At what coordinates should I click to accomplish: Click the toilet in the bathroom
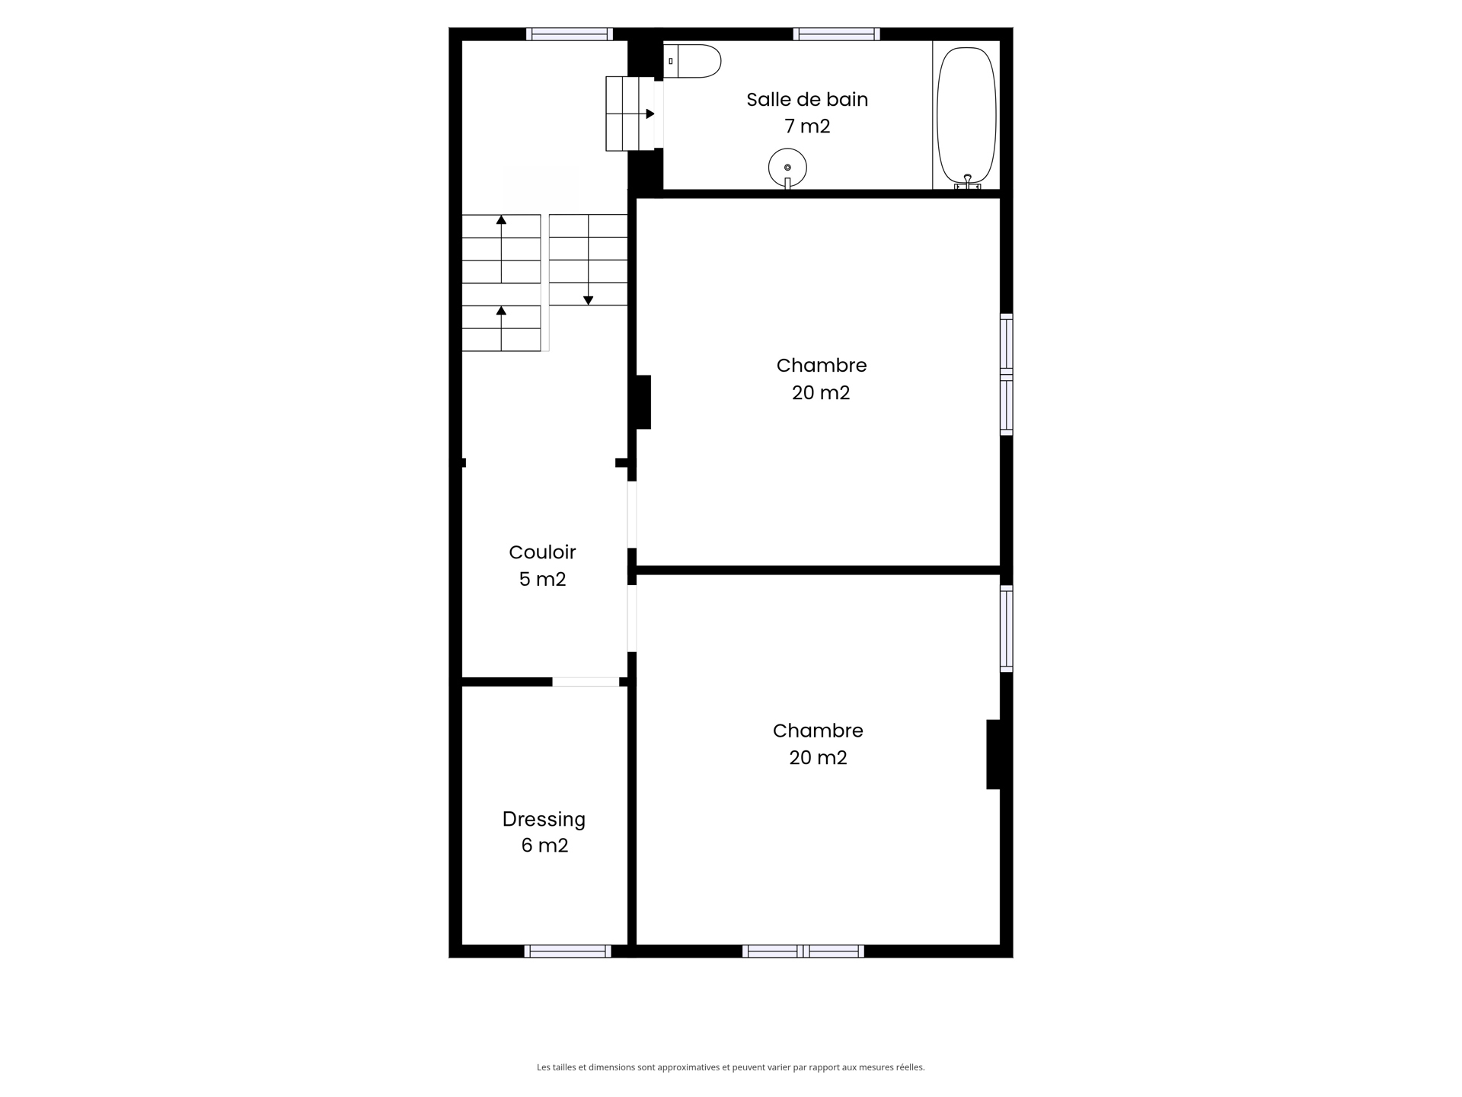pyautogui.click(x=693, y=61)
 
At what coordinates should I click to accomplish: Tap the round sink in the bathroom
pyautogui.click(x=787, y=167)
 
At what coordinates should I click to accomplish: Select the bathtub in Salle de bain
pyautogui.click(x=966, y=114)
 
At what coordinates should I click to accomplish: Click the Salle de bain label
pyautogui.click(x=807, y=100)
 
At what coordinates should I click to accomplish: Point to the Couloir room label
pyautogui.click(x=542, y=552)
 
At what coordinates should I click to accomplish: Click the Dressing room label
pyautogui.click(x=544, y=820)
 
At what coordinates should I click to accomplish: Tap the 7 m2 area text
pyautogui.click(x=807, y=126)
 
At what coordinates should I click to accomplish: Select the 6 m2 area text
pyautogui.click(x=544, y=846)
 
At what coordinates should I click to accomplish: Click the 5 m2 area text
pyautogui.click(x=542, y=580)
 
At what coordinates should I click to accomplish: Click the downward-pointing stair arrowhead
pyautogui.click(x=588, y=300)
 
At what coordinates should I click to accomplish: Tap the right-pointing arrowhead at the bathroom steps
pyautogui.click(x=650, y=114)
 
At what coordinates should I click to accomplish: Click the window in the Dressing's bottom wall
pyautogui.click(x=567, y=951)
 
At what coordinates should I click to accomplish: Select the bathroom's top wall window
pyautogui.click(x=836, y=34)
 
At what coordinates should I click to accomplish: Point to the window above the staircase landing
pyautogui.click(x=569, y=34)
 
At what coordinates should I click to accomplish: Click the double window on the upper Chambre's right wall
pyautogui.click(x=1006, y=374)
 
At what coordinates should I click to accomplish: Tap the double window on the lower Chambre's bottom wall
pyautogui.click(x=803, y=951)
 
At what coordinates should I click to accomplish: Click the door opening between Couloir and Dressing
pyautogui.click(x=586, y=682)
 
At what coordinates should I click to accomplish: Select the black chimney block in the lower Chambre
pyautogui.click(x=993, y=754)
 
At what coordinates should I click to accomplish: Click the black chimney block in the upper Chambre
pyautogui.click(x=643, y=401)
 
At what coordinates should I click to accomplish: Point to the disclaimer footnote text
pyautogui.click(x=730, y=1067)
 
